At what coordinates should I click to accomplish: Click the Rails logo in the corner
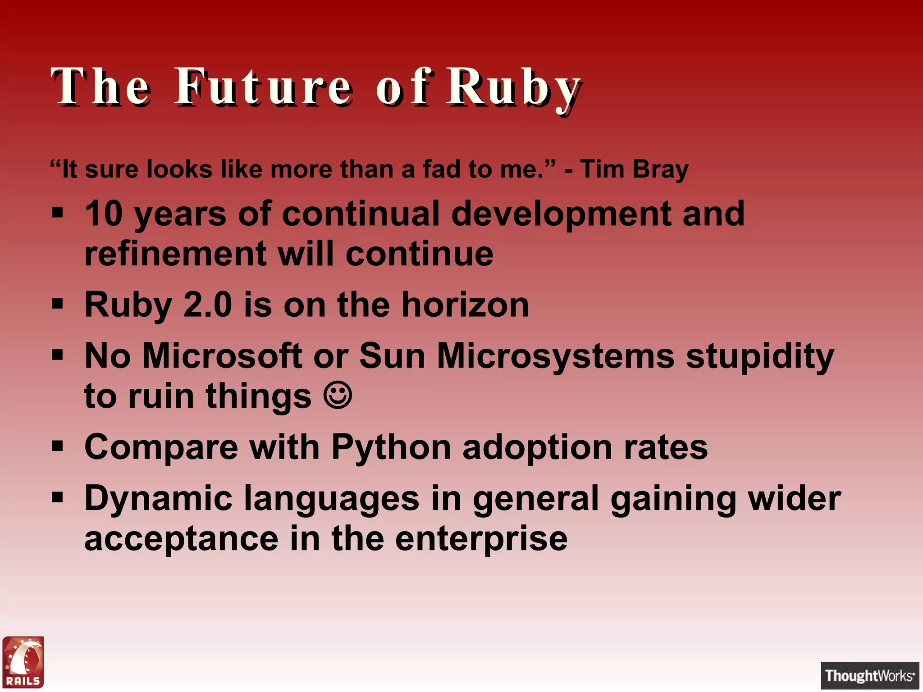coord(23,662)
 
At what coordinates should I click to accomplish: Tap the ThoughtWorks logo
coord(869,675)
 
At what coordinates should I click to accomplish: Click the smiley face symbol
coord(338,395)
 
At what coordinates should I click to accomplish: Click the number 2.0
coord(208,305)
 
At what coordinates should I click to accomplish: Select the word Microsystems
coord(555,356)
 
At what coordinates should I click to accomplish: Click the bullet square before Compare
coord(57,446)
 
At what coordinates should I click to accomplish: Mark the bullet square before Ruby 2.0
coord(57,304)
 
